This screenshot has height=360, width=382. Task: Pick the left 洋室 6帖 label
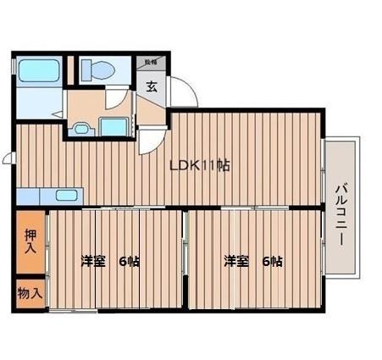110,261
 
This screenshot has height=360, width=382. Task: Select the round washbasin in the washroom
81,130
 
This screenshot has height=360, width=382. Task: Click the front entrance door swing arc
185,91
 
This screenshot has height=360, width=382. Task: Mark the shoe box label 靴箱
151,62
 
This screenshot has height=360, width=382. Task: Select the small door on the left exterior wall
8,158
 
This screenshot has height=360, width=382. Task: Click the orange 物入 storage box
29,293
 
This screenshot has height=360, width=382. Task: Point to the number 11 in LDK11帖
209,167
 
